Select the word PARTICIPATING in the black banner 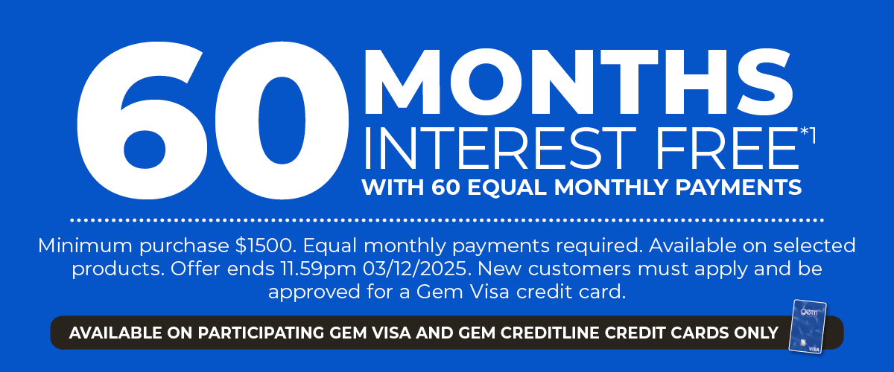click(x=241, y=333)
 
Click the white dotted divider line click(x=447, y=220)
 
